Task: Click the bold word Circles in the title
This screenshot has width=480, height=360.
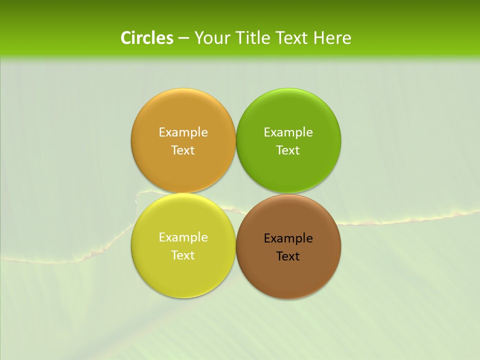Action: (147, 38)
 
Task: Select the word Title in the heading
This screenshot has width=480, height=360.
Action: (254, 38)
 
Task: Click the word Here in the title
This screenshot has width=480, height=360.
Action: (332, 38)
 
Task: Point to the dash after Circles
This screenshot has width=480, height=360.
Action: (183, 38)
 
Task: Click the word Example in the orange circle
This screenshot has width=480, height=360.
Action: (183, 132)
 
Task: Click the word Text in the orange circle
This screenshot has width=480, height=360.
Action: (183, 150)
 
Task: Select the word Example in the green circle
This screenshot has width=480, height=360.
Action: (288, 132)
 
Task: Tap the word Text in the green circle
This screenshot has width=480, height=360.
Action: (288, 150)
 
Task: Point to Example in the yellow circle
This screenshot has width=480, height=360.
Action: (183, 237)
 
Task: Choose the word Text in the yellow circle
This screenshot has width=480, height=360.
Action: (183, 255)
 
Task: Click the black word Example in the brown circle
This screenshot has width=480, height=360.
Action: (288, 238)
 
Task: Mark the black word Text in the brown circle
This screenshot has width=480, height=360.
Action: (288, 256)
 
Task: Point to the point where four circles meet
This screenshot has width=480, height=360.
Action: (235, 193)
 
